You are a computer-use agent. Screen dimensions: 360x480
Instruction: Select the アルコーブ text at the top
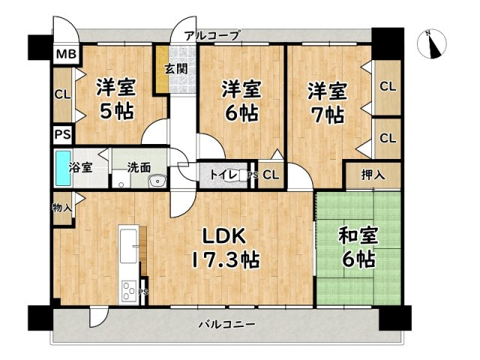[212, 35]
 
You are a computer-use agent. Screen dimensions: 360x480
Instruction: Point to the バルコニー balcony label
[227, 325]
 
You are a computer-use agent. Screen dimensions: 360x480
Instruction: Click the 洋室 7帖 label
[326, 103]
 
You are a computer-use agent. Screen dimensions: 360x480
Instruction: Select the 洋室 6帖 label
[240, 102]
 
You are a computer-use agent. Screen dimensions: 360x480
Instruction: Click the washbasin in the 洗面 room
[157, 181]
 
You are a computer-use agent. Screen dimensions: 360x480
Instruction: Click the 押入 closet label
[373, 175]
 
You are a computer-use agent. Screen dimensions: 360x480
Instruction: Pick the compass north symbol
[432, 43]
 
